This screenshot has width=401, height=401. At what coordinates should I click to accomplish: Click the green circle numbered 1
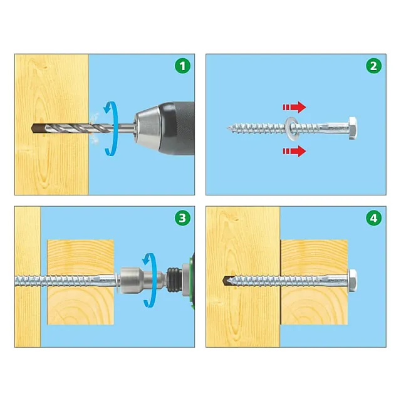click(x=182, y=66)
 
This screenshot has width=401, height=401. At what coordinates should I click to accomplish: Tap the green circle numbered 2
click(x=373, y=66)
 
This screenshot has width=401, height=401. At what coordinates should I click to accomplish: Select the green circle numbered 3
click(x=182, y=218)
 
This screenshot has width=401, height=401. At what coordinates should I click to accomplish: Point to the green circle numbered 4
click(x=373, y=218)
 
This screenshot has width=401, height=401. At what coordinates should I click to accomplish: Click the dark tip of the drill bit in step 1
click(x=38, y=127)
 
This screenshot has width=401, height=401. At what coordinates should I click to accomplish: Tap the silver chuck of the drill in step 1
click(x=147, y=128)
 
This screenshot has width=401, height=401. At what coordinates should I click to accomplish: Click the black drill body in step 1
click(x=177, y=128)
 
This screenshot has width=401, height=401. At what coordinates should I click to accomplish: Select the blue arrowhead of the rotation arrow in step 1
click(x=108, y=108)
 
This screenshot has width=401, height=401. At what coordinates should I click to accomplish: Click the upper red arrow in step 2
click(x=294, y=107)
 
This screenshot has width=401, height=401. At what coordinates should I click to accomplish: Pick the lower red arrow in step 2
click(x=294, y=151)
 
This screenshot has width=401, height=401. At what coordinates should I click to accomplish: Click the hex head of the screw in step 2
click(x=352, y=128)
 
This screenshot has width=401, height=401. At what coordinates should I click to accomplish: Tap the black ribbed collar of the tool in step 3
click(x=174, y=280)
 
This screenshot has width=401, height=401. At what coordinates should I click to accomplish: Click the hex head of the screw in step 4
click(x=353, y=281)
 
